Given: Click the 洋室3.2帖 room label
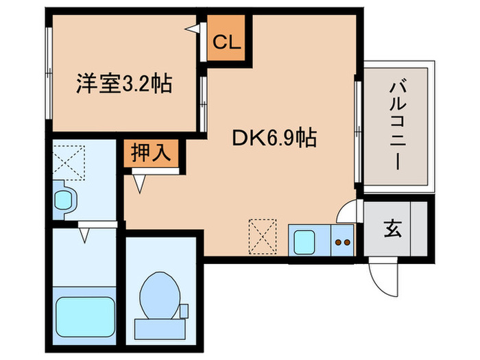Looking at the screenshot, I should (x=123, y=85).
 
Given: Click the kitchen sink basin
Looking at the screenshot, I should (x=303, y=241).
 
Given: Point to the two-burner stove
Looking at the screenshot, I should (x=341, y=241).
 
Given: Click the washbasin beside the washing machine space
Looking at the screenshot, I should (x=64, y=200).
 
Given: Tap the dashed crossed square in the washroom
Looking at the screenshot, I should (x=67, y=160).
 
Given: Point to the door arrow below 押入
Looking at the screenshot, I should (x=141, y=182).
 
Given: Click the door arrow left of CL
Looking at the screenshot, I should (x=195, y=28).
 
